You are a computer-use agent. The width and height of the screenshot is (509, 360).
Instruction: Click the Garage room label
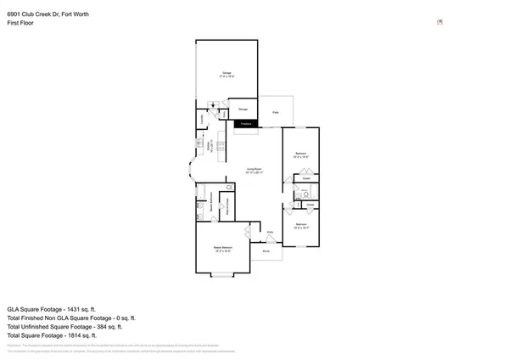tap(227, 75)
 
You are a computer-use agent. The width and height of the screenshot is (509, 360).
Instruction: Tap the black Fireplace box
tap(247, 124)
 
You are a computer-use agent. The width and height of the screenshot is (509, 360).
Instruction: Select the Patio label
tap(276, 112)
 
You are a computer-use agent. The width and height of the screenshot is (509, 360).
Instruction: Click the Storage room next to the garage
tap(243, 110)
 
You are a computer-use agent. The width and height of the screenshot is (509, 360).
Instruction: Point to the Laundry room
tap(202, 121)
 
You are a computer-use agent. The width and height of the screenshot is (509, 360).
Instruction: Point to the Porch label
tap(266, 251)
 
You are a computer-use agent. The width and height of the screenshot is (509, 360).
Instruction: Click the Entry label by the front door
tap(271, 232)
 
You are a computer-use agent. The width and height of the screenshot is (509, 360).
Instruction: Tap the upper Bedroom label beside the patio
tap(300, 155)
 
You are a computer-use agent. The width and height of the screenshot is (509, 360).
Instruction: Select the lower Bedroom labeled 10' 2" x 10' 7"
tap(300, 226)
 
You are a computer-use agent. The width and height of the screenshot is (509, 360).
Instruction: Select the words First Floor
tap(21, 24)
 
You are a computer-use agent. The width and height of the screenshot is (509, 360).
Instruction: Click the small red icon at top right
tap(439, 22)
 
